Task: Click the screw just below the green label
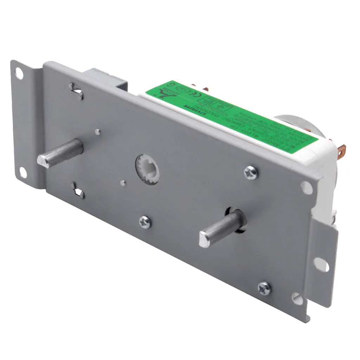click(251, 173)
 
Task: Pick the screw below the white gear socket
click(145, 222)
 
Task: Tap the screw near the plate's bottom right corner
click(264, 288)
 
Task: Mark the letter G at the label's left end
click(171, 85)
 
